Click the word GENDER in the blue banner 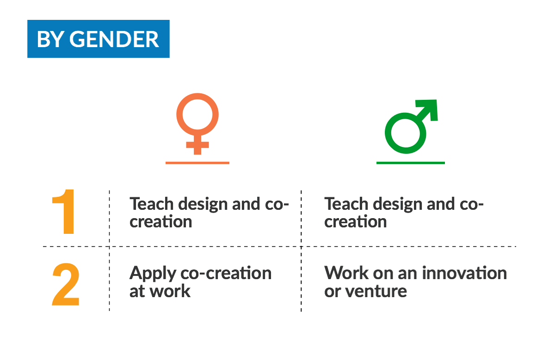(x=114, y=39)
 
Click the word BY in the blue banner (x=51, y=39)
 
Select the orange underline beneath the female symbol (x=197, y=163)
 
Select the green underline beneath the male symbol (x=411, y=163)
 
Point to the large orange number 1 (x=64, y=212)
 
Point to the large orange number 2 (x=66, y=284)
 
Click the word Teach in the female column (x=152, y=204)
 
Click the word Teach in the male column (x=346, y=204)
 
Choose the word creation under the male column (x=356, y=222)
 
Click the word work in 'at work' (x=170, y=291)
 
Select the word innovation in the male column (x=464, y=273)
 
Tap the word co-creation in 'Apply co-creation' (x=226, y=273)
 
